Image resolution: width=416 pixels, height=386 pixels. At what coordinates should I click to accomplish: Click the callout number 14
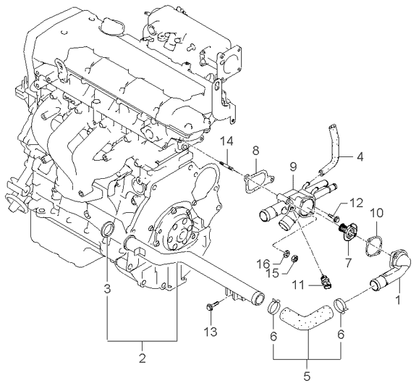click(227, 141)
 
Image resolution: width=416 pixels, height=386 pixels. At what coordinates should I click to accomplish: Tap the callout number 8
click(255, 151)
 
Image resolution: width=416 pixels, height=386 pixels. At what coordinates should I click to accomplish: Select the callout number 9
click(293, 167)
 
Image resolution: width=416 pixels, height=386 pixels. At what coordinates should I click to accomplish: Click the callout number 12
click(355, 204)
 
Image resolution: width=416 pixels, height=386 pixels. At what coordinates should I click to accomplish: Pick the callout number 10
click(377, 213)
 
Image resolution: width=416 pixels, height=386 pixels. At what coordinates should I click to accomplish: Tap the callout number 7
click(347, 262)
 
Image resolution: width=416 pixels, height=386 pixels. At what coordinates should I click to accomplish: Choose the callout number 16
click(263, 264)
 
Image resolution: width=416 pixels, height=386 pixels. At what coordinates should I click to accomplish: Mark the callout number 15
click(273, 273)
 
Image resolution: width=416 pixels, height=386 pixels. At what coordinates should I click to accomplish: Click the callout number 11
click(299, 286)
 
